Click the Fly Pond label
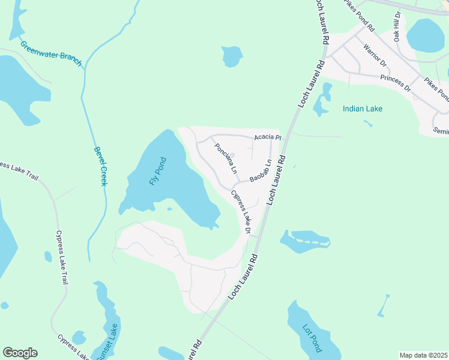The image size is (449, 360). click(x=157, y=171)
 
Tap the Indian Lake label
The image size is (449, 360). click(x=362, y=109)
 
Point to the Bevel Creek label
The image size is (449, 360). click(x=100, y=166)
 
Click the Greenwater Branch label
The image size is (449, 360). click(x=50, y=54)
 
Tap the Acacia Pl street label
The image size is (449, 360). click(x=267, y=137)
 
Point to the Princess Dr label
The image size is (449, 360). click(x=396, y=83)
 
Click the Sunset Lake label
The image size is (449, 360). click(x=111, y=341)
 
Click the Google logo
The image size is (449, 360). click(x=20, y=353)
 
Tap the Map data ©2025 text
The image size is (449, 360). click(x=423, y=355)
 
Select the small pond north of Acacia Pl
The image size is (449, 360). click(x=231, y=56)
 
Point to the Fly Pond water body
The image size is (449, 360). click(x=180, y=186)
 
